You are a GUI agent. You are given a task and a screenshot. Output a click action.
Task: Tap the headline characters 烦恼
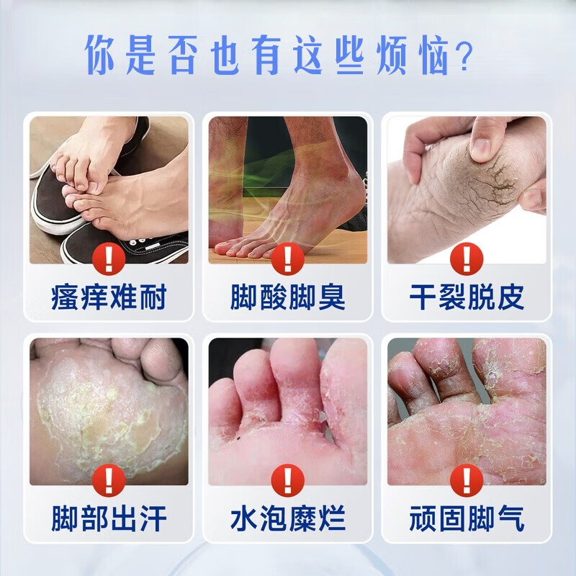point(410,54)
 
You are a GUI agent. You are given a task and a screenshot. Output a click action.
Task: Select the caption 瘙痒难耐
point(109,297)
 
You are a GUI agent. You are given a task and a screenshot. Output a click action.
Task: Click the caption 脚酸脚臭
point(288,297)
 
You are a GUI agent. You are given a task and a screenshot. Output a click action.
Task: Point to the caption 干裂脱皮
point(467,297)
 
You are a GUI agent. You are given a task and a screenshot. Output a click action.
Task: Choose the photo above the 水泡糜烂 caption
point(288,403)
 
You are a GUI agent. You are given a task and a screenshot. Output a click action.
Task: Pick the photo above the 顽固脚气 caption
point(467,403)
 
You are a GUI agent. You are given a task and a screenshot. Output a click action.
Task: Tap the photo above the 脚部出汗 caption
point(109,403)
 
